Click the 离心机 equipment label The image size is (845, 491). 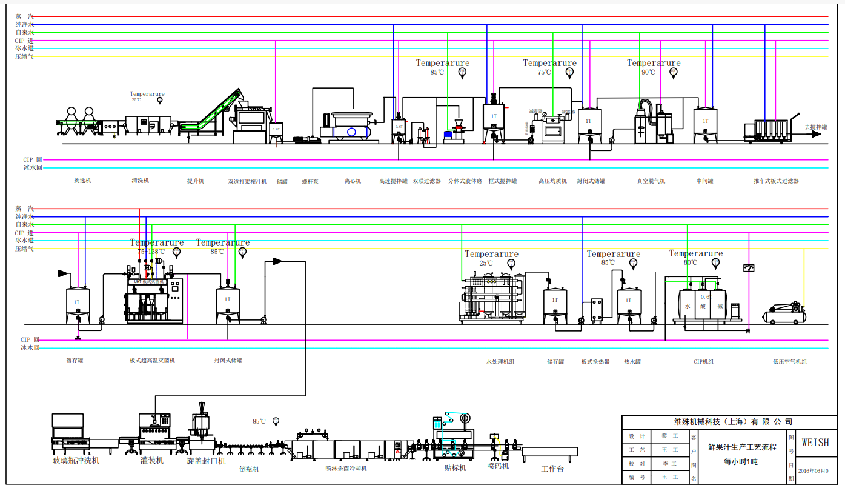(353, 181)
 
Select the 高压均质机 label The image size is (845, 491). (552, 181)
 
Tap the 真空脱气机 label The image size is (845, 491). (651, 181)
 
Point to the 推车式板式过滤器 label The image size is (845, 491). (776, 181)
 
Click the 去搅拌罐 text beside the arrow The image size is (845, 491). (815, 127)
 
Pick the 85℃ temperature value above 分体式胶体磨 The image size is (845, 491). (437, 72)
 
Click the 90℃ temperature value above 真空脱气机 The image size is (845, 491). (648, 72)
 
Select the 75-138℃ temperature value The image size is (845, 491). (151, 252)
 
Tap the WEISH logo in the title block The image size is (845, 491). (815, 443)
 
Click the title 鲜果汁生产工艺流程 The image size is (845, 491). (742, 447)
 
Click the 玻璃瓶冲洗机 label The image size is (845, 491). (76, 461)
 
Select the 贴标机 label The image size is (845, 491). (455, 468)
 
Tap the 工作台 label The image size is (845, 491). (552, 469)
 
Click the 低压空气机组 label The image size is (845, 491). (789, 362)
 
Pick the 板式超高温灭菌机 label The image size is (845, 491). (152, 361)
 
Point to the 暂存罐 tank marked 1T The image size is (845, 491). (78, 305)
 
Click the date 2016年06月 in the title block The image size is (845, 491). (813, 470)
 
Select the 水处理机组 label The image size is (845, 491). (500, 362)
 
